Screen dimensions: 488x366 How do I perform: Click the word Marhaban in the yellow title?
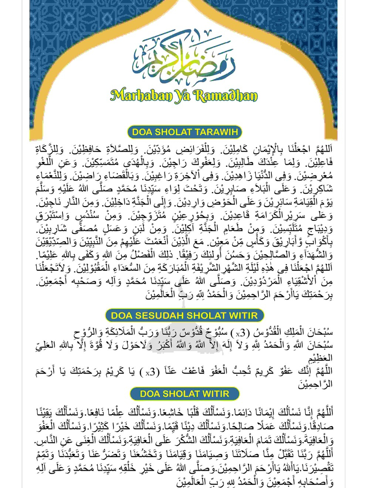[141, 95]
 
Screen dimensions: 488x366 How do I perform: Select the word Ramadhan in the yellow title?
[226, 95]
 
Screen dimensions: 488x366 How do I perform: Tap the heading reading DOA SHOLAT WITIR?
[184, 394]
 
